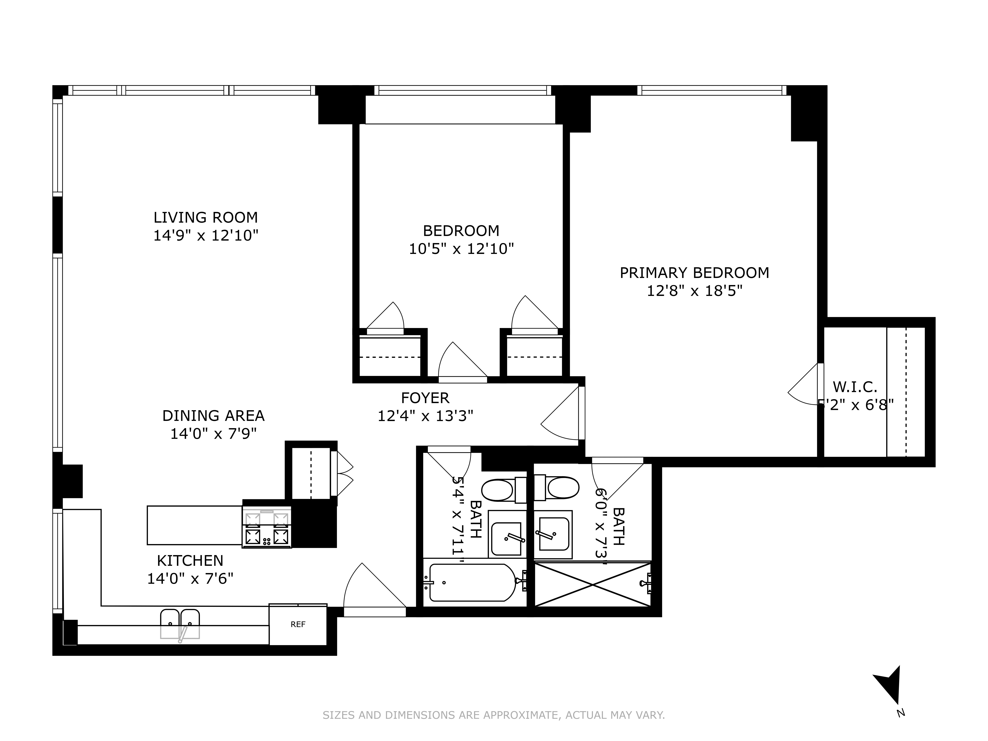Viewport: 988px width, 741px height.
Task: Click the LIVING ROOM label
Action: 206,218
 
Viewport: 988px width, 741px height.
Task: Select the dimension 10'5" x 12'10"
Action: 461,249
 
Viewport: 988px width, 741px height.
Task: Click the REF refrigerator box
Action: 298,624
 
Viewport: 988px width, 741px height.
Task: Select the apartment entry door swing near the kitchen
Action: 374,590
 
